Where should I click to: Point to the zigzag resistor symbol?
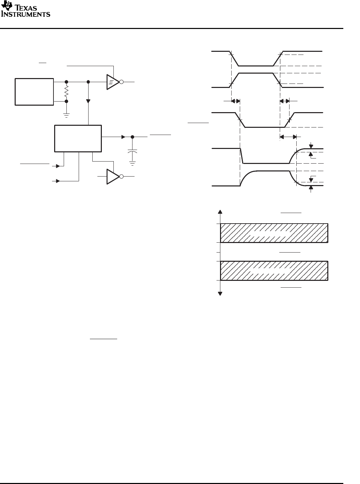(x=66, y=91)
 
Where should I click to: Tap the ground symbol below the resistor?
(x=66, y=115)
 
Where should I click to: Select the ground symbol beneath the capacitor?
(x=132, y=163)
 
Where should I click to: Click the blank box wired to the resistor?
(x=34, y=92)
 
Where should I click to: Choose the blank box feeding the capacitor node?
(x=78, y=138)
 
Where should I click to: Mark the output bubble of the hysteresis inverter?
(x=121, y=82)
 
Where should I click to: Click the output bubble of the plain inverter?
(x=121, y=177)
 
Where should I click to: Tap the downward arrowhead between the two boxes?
(x=89, y=101)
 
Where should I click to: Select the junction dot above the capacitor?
(x=132, y=137)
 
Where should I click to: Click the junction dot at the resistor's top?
(x=66, y=82)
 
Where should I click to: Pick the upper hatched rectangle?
(x=274, y=233)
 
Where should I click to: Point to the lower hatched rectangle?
(x=274, y=271)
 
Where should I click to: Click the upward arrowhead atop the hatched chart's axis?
(x=221, y=212)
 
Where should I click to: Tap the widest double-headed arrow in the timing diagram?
(x=288, y=137)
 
